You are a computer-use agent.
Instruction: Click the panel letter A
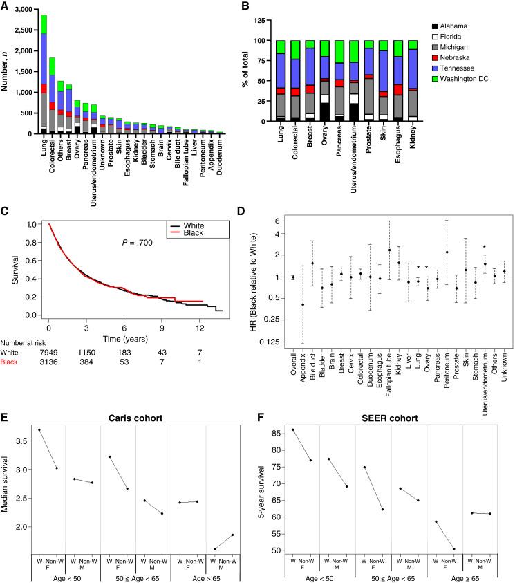[6, 6]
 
